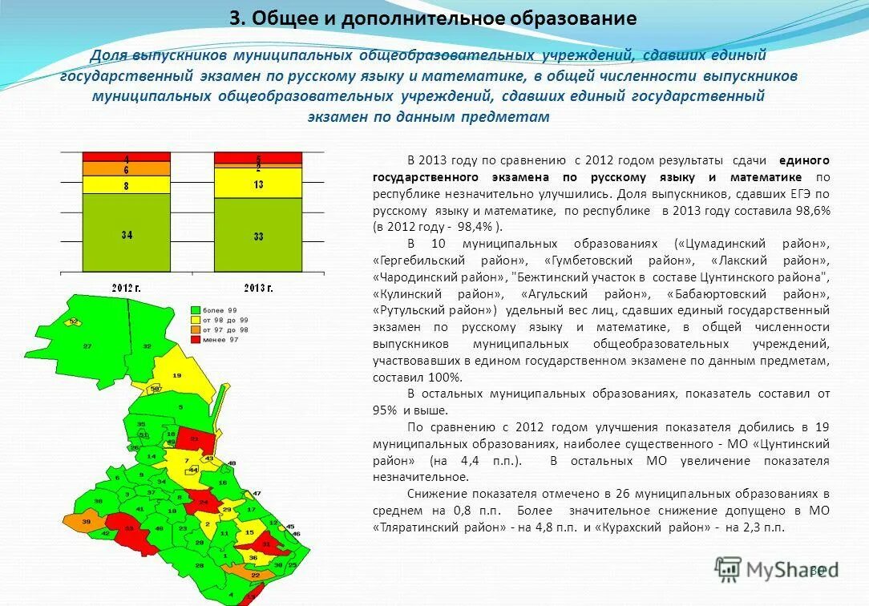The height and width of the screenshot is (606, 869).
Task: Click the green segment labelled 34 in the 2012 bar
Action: coord(127,234)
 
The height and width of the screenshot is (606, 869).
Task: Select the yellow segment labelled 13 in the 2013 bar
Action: coord(258,184)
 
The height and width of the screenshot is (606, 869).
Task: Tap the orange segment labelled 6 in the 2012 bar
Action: coord(127,169)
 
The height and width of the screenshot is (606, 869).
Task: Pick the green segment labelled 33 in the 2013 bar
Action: coord(258,236)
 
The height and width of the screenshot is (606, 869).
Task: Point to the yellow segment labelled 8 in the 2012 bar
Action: coord(127,185)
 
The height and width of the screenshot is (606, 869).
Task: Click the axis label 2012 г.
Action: coord(127,287)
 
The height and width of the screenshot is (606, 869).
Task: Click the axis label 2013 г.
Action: coord(257,287)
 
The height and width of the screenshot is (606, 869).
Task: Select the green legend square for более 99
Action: coord(195,309)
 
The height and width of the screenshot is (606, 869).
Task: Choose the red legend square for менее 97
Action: coord(195,340)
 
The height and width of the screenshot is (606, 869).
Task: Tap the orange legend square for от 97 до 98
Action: coord(195,329)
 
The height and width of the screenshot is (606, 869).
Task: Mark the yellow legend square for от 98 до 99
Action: coord(195,320)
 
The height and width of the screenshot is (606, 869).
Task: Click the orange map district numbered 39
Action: coord(86,521)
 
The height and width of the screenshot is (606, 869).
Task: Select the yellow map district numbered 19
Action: coord(176,375)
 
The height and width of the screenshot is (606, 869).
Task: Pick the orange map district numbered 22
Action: coord(255,575)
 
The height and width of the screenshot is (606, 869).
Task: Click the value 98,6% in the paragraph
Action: coord(811,210)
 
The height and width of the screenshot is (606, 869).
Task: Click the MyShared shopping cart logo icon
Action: coord(728,569)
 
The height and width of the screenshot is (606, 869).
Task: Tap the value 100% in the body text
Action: coord(446,378)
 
